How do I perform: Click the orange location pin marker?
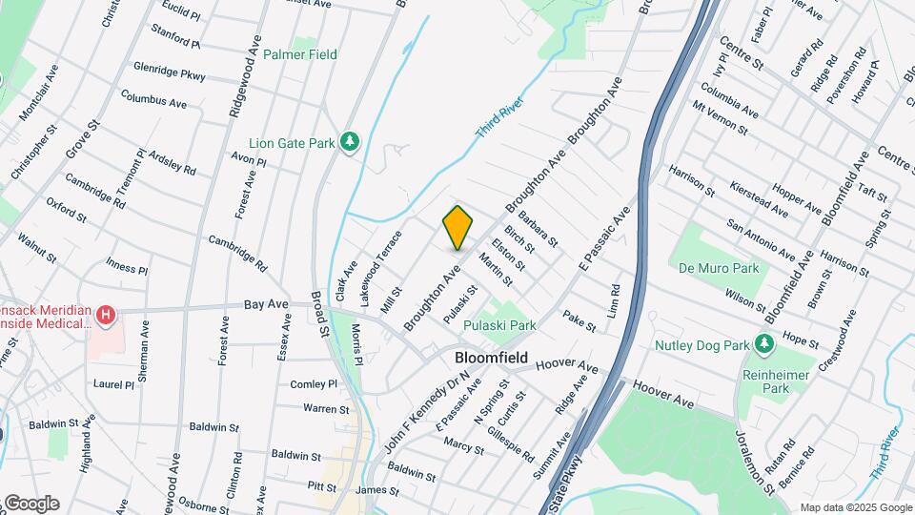[458, 228]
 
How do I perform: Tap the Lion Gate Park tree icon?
[351, 142]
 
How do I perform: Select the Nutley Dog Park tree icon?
[763, 343]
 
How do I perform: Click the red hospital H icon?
[106, 314]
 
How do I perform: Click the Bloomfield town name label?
[491, 358]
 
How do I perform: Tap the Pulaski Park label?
[499, 325]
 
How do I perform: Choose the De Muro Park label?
[720, 268]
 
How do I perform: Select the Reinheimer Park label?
[770, 381]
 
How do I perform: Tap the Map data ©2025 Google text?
[855, 507]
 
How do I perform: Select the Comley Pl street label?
[315, 384]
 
